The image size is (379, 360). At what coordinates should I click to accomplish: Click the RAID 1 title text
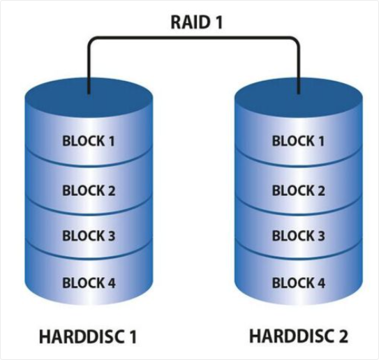click(x=196, y=22)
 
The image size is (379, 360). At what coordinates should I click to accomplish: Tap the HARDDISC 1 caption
click(x=88, y=336)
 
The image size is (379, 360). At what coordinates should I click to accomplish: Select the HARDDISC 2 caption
click(x=299, y=336)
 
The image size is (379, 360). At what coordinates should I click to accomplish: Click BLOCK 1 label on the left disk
click(x=89, y=141)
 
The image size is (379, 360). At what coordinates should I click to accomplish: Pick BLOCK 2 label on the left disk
click(x=89, y=190)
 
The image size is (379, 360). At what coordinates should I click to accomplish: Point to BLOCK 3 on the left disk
click(x=89, y=236)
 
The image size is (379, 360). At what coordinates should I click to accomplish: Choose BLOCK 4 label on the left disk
click(x=89, y=283)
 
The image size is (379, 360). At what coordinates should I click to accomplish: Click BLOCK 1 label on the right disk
click(x=298, y=141)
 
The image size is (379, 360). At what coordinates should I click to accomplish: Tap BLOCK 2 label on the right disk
click(x=299, y=190)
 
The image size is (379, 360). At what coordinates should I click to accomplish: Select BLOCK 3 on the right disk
click(x=299, y=236)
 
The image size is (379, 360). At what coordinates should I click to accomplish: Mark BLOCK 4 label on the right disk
click(x=299, y=283)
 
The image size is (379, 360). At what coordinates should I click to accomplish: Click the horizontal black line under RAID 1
click(x=194, y=38)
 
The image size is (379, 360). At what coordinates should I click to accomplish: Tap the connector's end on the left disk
click(x=89, y=93)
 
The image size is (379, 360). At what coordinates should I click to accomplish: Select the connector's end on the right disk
click(x=299, y=93)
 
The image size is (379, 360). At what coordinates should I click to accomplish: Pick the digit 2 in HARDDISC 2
click(x=343, y=336)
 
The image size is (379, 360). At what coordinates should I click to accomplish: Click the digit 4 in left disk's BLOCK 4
click(x=111, y=283)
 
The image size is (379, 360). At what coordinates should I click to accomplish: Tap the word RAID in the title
click(x=190, y=22)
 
